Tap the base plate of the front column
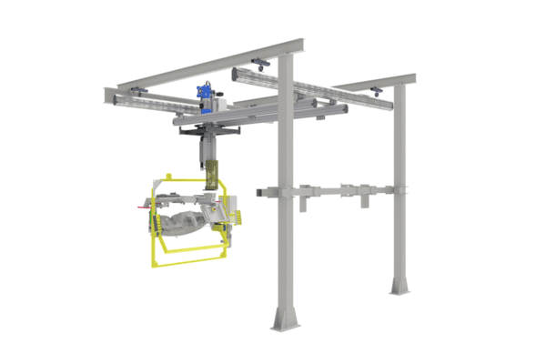point(287,319)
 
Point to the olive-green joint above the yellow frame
point(214,172)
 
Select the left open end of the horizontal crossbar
point(259,194)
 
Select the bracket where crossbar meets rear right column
point(398,191)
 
